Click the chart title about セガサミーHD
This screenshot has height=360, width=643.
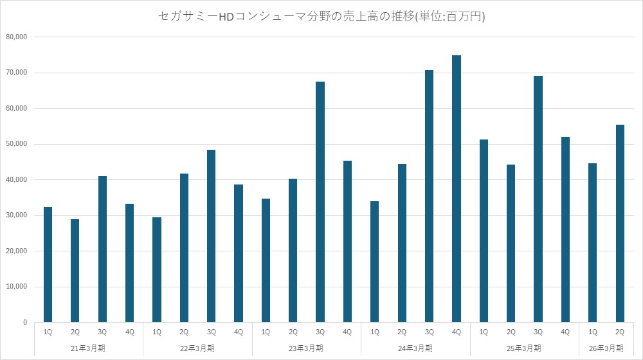(x=321, y=16)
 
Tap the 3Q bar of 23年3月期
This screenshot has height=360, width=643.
(x=320, y=202)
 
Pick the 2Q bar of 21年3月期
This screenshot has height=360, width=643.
(x=75, y=271)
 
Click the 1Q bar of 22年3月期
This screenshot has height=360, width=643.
(x=157, y=269)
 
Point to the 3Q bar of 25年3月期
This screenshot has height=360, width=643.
(x=538, y=199)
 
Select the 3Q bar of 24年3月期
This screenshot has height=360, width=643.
(x=430, y=196)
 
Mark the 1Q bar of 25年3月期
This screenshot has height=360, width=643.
(x=484, y=231)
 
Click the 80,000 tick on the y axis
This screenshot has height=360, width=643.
(x=16, y=37)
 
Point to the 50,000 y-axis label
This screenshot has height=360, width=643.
(x=16, y=144)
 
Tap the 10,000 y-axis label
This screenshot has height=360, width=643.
(x=16, y=287)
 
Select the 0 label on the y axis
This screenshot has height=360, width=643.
(x=24, y=322)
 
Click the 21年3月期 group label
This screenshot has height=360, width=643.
(x=89, y=348)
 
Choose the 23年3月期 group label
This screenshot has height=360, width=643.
(x=307, y=348)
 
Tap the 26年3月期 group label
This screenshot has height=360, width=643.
(x=606, y=348)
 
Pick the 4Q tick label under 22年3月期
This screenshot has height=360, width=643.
(x=239, y=332)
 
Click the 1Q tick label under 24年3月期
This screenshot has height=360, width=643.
(x=375, y=332)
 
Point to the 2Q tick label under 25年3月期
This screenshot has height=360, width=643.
(x=511, y=332)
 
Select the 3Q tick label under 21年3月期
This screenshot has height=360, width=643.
(x=102, y=332)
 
